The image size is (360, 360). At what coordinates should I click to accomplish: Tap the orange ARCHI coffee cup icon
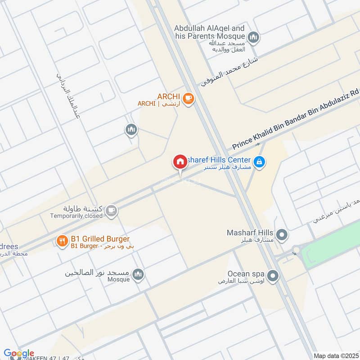189,98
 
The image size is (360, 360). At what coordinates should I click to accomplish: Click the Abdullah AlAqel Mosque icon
254,37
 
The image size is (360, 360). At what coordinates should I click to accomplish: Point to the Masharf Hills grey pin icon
282,234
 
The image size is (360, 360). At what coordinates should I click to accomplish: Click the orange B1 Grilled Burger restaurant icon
62,241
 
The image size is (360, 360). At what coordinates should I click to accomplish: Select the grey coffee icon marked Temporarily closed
111,210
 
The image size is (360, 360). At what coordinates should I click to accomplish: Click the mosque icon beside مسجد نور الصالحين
138,274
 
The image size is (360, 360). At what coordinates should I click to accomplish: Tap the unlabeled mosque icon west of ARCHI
131,130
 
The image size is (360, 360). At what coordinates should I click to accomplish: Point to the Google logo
18,353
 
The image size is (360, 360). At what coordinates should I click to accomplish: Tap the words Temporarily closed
76,216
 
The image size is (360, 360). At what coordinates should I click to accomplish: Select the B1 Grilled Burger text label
100,238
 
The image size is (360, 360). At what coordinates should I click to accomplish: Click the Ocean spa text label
245,273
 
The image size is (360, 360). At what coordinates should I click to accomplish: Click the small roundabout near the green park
297,250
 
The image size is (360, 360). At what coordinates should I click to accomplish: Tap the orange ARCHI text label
169,96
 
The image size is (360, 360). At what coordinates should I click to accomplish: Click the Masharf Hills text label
251,233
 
